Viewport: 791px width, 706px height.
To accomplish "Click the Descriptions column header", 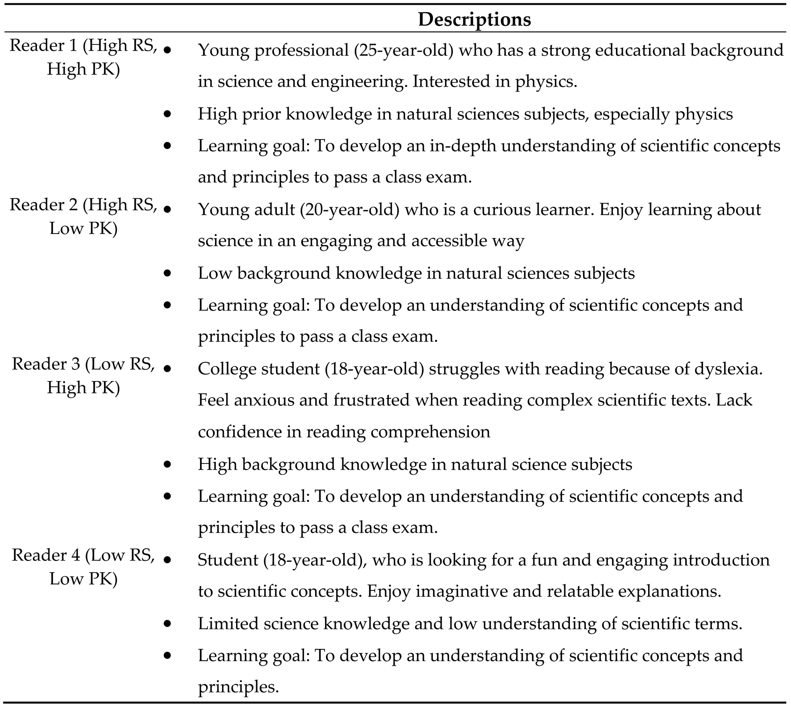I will click(x=474, y=19).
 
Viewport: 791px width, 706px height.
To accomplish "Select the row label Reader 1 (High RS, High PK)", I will click(x=83, y=57).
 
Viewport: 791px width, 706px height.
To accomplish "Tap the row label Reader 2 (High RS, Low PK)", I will click(x=83, y=216).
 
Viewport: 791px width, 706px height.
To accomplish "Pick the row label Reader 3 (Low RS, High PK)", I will click(x=83, y=375).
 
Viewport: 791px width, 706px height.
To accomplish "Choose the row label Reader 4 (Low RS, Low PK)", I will click(x=83, y=566).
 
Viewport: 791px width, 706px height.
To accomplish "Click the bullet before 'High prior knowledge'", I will click(x=168, y=114).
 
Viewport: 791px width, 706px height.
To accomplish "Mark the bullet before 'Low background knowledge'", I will click(x=168, y=273).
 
